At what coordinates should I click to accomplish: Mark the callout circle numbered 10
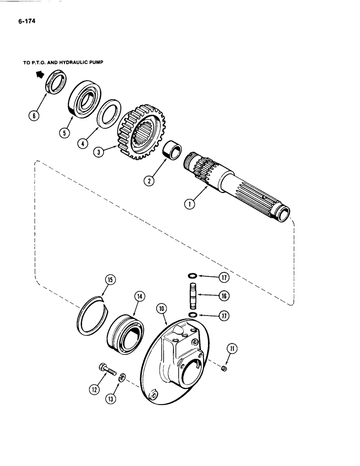[161, 308]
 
